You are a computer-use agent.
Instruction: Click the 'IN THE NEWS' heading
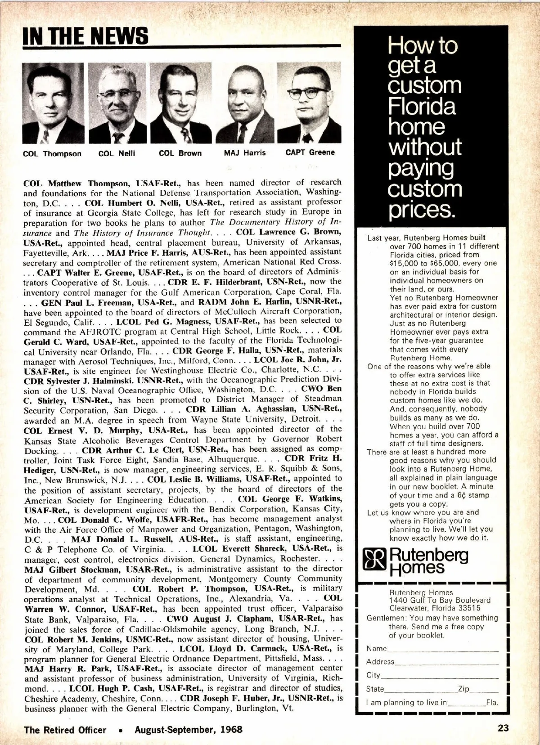pyautogui.click(x=85, y=36)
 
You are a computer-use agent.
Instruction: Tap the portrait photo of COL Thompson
pyautogui.click(x=53, y=103)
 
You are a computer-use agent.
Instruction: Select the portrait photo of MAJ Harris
pyautogui.click(x=245, y=103)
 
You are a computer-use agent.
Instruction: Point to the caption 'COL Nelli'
pyautogui.click(x=117, y=153)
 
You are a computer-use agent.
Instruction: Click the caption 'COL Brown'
pyautogui.click(x=180, y=153)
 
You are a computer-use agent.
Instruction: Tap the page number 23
pyautogui.click(x=503, y=728)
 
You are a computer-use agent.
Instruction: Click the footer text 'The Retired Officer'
pyautogui.click(x=65, y=730)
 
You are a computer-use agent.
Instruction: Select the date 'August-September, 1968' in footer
pyautogui.click(x=189, y=729)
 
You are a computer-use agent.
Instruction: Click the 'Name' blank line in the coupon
pyautogui.click(x=443, y=650)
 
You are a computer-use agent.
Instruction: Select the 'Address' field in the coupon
pyautogui.click(x=446, y=663)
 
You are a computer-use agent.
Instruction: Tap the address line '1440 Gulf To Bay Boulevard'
pyautogui.click(x=440, y=600)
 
